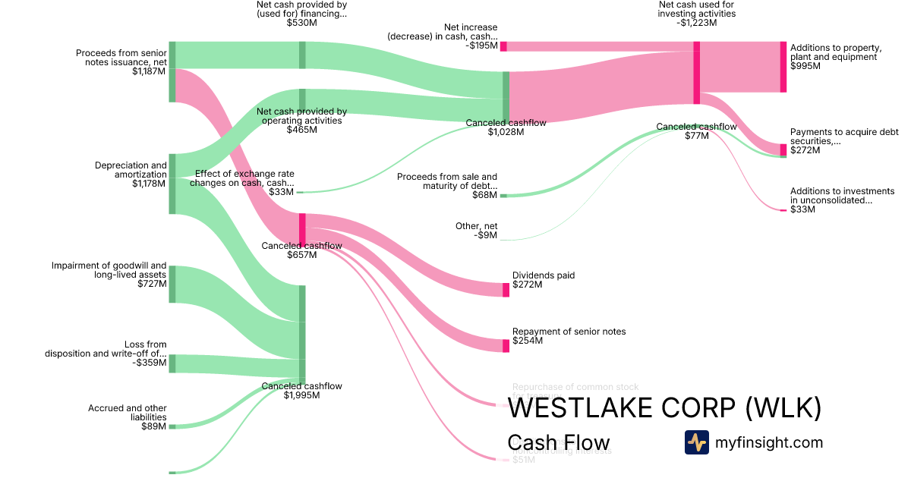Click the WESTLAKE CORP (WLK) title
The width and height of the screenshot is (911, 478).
[664, 408]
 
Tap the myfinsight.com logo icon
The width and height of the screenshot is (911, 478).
[696, 442]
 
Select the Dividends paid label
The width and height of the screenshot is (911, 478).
[544, 275]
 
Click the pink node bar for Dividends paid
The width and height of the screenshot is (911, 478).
[506, 290]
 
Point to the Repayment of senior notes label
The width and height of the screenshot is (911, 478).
[569, 332]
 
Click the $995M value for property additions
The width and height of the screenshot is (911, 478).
[805, 66]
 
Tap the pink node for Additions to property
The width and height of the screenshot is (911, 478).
[783, 67]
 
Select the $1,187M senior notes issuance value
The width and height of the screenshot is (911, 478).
[149, 71]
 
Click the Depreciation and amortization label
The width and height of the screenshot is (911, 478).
[131, 170]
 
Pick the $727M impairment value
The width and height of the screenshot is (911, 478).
[152, 284]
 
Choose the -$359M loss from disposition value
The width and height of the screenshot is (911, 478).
[149, 363]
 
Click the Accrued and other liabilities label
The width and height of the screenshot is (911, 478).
[127, 413]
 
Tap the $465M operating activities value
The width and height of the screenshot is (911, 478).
[302, 130]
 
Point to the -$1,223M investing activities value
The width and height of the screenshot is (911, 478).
[696, 23]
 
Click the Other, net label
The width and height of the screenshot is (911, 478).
[478, 226]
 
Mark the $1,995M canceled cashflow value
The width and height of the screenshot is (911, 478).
[301, 395]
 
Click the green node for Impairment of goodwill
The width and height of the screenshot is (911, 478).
[172, 284]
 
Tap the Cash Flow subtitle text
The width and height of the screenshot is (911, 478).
[558, 443]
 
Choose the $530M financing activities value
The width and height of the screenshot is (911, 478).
[301, 23]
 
